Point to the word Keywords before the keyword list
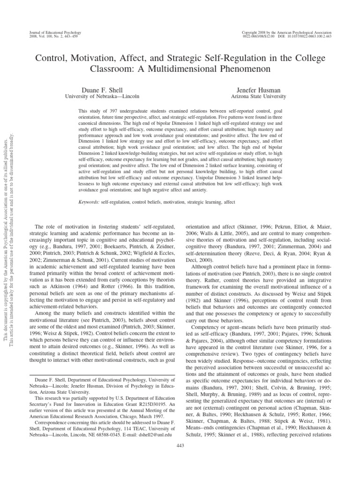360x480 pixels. click(88, 202)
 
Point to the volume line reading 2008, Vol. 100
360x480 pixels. click(40, 36)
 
